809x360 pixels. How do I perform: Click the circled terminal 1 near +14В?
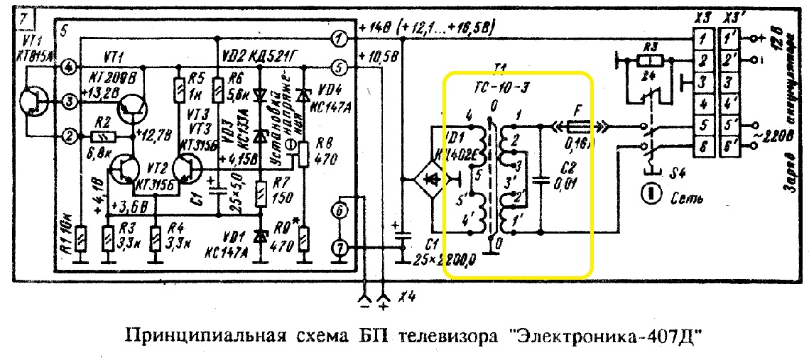click(x=341, y=37)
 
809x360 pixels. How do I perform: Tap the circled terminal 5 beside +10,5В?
click(x=341, y=67)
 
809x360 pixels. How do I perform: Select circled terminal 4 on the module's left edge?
click(x=69, y=67)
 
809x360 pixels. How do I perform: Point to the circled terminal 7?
click(x=341, y=247)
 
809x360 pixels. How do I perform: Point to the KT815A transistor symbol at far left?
click(x=32, y=101)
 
